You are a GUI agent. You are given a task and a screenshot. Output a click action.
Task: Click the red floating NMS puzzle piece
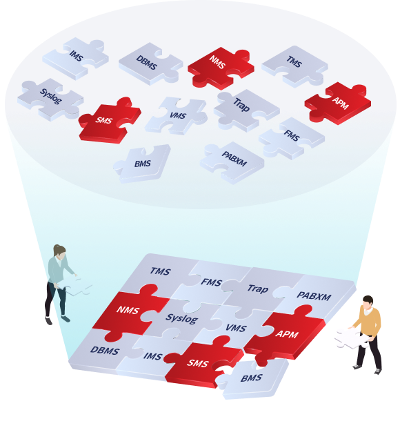(221, 68)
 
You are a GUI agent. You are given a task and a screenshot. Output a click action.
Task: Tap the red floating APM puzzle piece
(338, 103)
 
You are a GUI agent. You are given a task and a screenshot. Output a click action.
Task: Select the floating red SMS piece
(109, 121)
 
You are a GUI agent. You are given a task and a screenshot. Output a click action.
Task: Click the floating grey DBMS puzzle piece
(150, 64)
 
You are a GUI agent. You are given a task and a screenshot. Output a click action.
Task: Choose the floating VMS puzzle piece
(177, 115)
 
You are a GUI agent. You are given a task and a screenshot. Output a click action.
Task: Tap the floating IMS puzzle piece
(76, 59)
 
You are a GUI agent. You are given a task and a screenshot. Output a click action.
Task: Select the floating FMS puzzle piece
(292, 138)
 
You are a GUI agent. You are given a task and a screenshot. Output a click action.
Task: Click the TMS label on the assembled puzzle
(160, 271)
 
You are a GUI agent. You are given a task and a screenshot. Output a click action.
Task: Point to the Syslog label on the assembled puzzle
(182, 318)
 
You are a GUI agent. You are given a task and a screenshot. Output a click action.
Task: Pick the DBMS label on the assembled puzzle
(105, 351)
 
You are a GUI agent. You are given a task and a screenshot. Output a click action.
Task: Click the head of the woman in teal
(59, 253)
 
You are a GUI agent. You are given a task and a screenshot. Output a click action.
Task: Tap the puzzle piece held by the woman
(77, 286)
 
